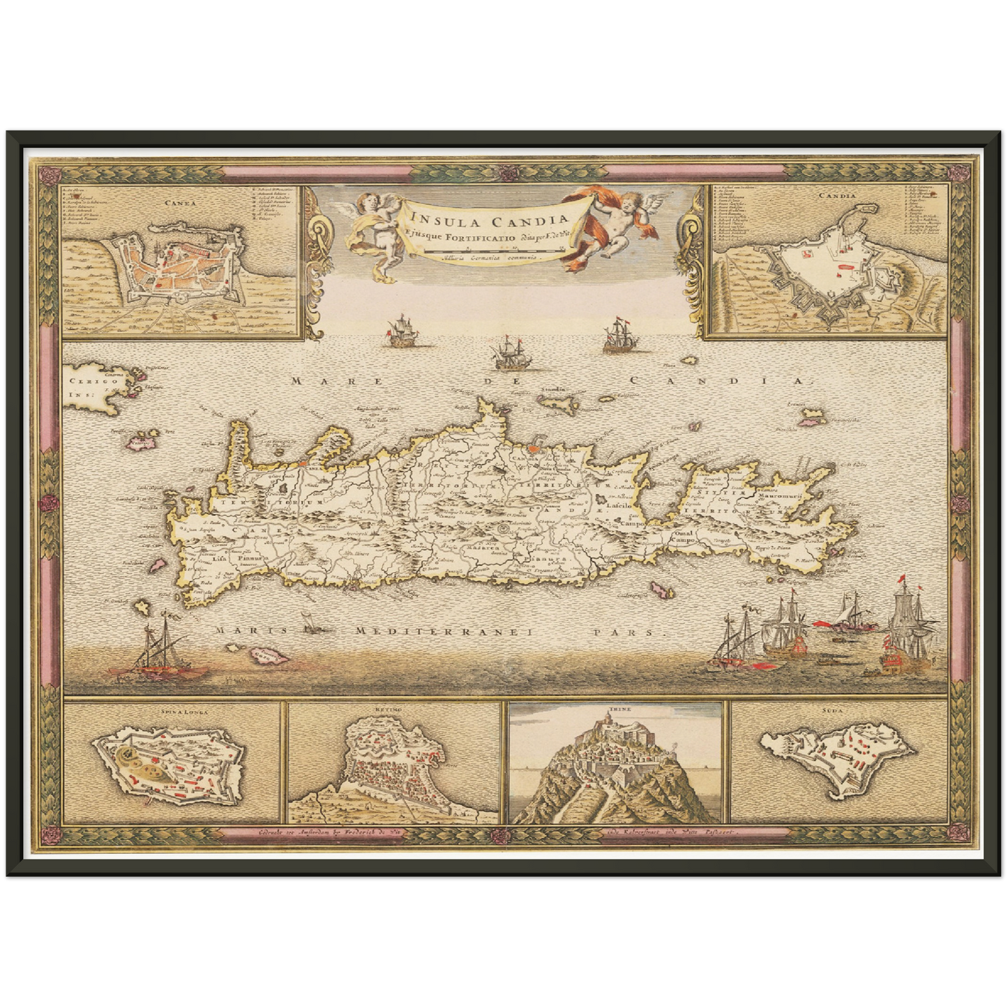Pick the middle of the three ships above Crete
(x=511, y=352)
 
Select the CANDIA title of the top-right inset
(x=838, y=196)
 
